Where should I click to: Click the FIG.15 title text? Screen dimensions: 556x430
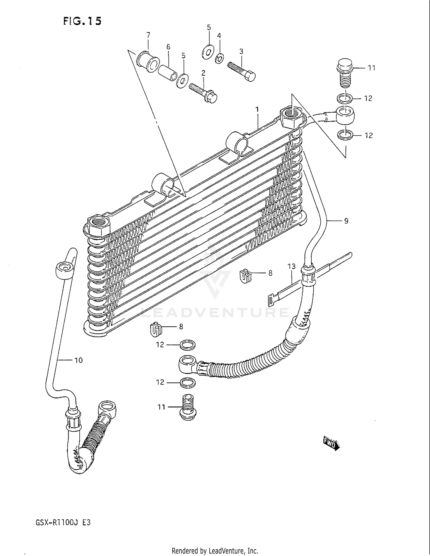pos(82,21)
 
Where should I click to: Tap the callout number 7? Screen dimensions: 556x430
pos(148,35)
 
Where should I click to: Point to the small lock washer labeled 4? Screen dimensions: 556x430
pos(219,58)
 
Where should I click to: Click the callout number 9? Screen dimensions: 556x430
pos(346,221)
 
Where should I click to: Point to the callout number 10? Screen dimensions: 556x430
pos(78,360)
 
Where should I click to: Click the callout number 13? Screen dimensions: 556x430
pos(292,266)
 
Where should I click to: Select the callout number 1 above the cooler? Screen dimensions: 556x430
pos(257,109)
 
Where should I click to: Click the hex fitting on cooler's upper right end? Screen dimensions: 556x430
pos(290,117)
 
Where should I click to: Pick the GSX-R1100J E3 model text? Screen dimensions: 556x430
pos(63,522)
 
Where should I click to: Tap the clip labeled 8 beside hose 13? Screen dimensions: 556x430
pos(245,276)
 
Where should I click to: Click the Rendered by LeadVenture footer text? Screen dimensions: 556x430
pos(215,551)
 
